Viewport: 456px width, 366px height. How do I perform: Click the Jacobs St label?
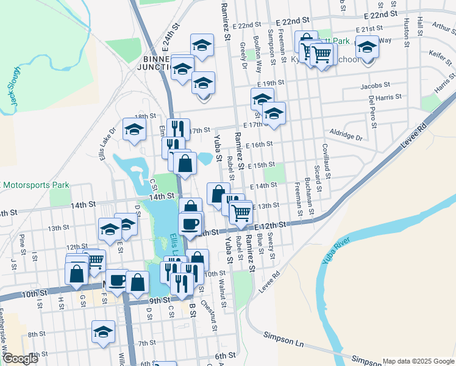tap(374, 86)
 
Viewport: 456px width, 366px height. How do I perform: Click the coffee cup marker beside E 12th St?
tap(190, 223)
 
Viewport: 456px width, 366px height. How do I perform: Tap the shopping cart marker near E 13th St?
tap(241, 211)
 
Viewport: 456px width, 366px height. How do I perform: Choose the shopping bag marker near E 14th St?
tap(218, 193)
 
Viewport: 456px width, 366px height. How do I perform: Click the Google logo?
tap(20, 359)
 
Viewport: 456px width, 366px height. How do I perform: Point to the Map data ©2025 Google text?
tap(418, 361)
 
